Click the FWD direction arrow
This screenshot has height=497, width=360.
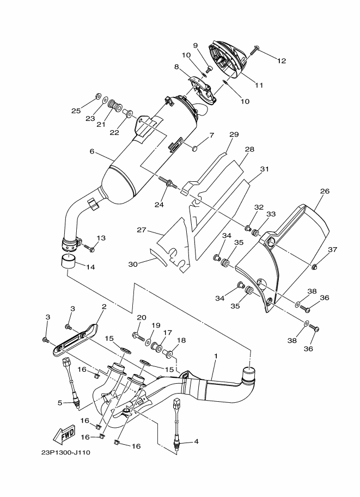tap(65, 434)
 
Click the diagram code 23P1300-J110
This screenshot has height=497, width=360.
tap(66, 452)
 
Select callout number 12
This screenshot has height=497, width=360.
tap(282, 61)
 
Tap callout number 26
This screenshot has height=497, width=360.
tap(325, 191)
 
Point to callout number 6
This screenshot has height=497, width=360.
tap(92, 151)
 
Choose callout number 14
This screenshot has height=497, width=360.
tap(90, 267)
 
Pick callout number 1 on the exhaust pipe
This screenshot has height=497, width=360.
tap(216, 356)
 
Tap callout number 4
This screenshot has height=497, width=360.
tap(196, 441)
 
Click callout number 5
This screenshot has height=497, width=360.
tap(60, 403)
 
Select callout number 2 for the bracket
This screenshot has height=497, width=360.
tap(104, 306)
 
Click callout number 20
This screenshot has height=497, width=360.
tap(142, 317)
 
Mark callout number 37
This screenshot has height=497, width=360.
tap(332, 250)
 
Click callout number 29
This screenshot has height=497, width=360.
tap(234, 134)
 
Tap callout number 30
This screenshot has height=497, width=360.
tap(133, 263)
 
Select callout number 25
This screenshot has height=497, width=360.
tap(76, 111)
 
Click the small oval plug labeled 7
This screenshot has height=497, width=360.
tap(196, 148)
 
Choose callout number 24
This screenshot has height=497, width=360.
tap(159, 205)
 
